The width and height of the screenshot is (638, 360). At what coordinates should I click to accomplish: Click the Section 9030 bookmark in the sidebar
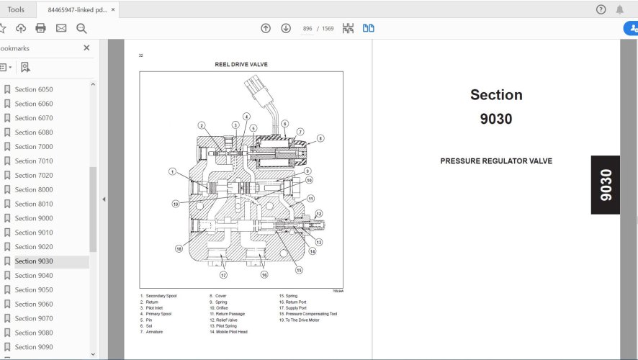[x=33, y=261]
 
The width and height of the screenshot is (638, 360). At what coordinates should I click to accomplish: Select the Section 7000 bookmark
[x=33, y=147]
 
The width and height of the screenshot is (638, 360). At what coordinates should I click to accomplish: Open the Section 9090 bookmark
[x=33, y=347]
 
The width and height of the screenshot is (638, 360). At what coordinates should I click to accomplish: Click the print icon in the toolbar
[x=40, y=28]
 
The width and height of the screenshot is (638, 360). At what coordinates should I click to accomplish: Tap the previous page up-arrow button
[x=266, y=28]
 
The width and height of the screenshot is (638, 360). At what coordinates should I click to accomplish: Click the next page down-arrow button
[x=286, y=28]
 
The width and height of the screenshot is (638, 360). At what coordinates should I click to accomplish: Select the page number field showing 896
[x=307, y=29]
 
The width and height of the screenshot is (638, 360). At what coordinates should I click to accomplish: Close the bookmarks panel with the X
[x=86, y=48]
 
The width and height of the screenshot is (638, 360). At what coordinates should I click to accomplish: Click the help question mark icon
[x=601, y=9]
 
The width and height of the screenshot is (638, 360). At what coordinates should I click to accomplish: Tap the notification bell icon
[x=620, y=9]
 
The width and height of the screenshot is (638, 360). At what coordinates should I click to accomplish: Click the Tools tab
[x=16, y=9]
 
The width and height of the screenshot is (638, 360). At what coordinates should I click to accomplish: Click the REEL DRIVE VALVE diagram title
[x=241, y=65]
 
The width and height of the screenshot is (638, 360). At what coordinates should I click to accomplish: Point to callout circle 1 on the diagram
[x=173, y=171]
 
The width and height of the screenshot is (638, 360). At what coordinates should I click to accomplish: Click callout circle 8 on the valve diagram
[x=320, y=138]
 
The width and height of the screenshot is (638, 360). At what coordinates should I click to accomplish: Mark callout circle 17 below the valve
[x=224, y=275]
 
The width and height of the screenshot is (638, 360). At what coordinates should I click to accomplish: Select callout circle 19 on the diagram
[x=175, y=204]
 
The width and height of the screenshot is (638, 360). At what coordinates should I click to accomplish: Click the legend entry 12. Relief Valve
[x=223, y=320]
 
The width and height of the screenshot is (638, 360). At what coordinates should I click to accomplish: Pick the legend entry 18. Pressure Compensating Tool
[x=308, y=314]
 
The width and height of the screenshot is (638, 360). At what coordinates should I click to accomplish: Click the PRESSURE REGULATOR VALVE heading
[x=496, y=161]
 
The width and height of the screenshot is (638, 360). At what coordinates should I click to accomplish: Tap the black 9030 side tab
[x=605, y=185]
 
